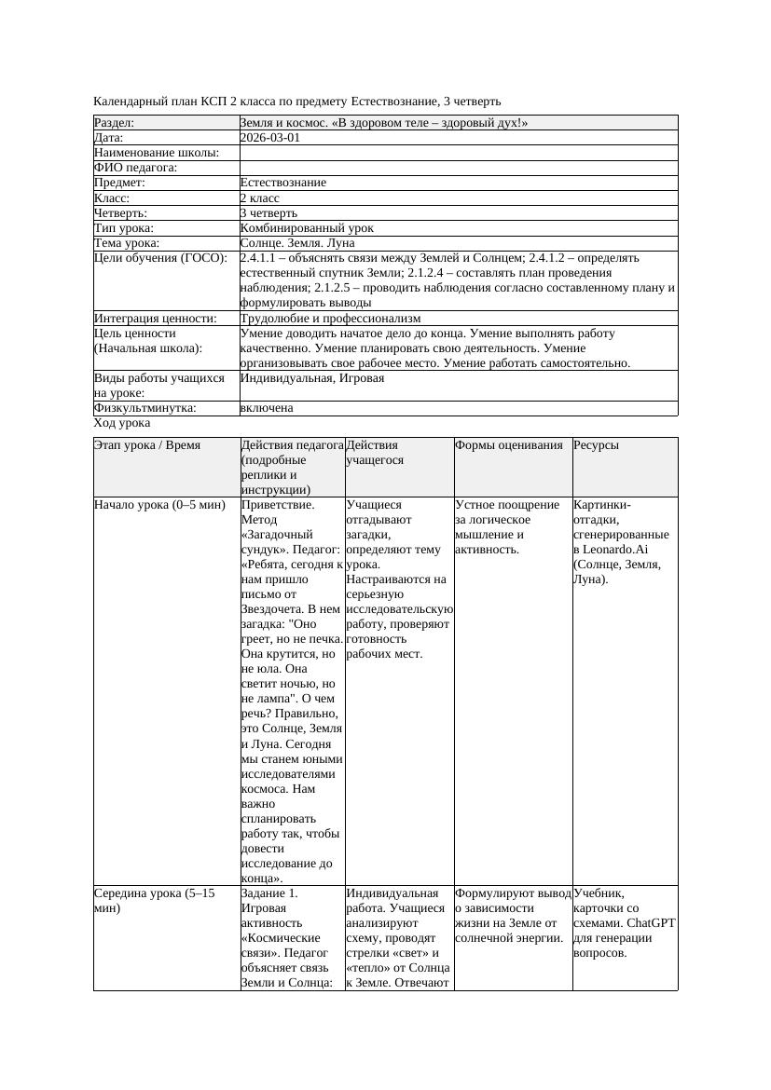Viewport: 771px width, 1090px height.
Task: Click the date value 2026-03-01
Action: [269, 137]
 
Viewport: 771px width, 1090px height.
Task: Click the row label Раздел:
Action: [114, 122]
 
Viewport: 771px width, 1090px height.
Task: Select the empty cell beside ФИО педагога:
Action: [458, 168]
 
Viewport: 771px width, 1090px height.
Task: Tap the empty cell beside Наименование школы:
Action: [458, 153]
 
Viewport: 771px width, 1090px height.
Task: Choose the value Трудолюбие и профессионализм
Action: [330, 319]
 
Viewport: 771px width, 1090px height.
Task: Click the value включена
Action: [266, 408]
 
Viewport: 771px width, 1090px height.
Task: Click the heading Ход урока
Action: [121, 423]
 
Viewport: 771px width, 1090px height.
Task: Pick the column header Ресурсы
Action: [596, 445]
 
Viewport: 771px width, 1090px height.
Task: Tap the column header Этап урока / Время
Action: [146, 445]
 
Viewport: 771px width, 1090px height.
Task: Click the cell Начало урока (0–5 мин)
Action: [159, 505]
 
